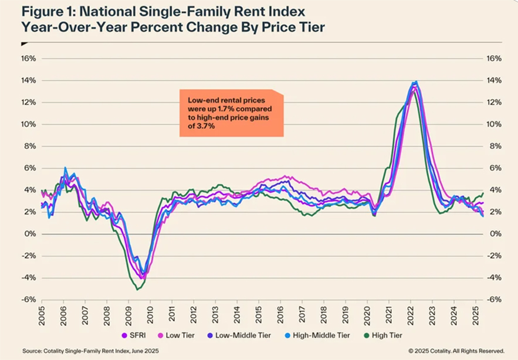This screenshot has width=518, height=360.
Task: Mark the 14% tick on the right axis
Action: pos(495,80)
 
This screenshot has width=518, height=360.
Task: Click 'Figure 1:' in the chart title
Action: pos(50,12)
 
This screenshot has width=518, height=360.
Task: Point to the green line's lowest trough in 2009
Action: pos(137,289)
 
